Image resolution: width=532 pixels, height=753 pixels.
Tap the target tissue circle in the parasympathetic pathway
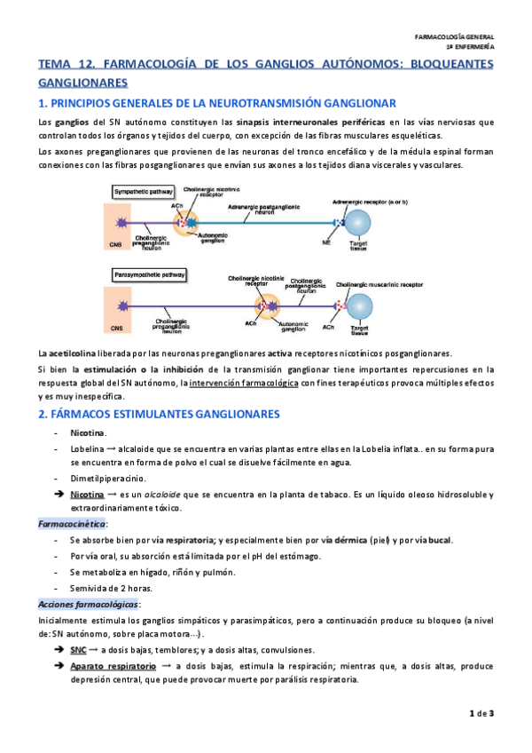point(360,306)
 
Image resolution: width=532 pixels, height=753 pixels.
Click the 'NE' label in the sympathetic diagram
point(327,242)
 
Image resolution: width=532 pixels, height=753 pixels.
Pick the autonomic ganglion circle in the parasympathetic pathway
point(266,307)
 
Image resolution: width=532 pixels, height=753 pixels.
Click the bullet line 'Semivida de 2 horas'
point(110,588)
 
